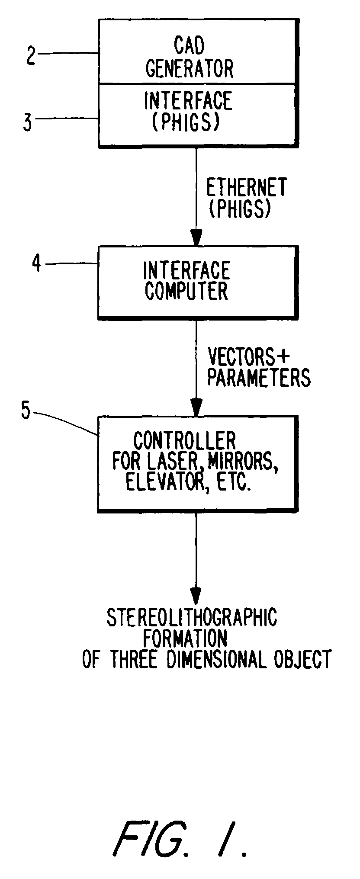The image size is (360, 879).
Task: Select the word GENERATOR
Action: click(x=190, y=69)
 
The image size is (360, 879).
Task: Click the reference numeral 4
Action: click(x=38, y=263)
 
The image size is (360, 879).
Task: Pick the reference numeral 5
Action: click(x=26, y=411)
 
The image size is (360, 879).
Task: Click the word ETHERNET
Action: click(x=246, y=188)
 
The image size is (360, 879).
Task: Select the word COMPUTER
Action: click(x=186, y=291)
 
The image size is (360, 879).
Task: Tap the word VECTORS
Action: click(x=241, y=357)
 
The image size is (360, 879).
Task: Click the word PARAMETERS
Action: click(x=259, y=377)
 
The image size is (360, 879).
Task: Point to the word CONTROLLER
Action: click(x=184, y=441)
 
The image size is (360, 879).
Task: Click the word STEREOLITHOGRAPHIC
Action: click(x=192, y=618)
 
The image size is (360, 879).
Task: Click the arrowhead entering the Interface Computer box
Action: click(x=196, y=237)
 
